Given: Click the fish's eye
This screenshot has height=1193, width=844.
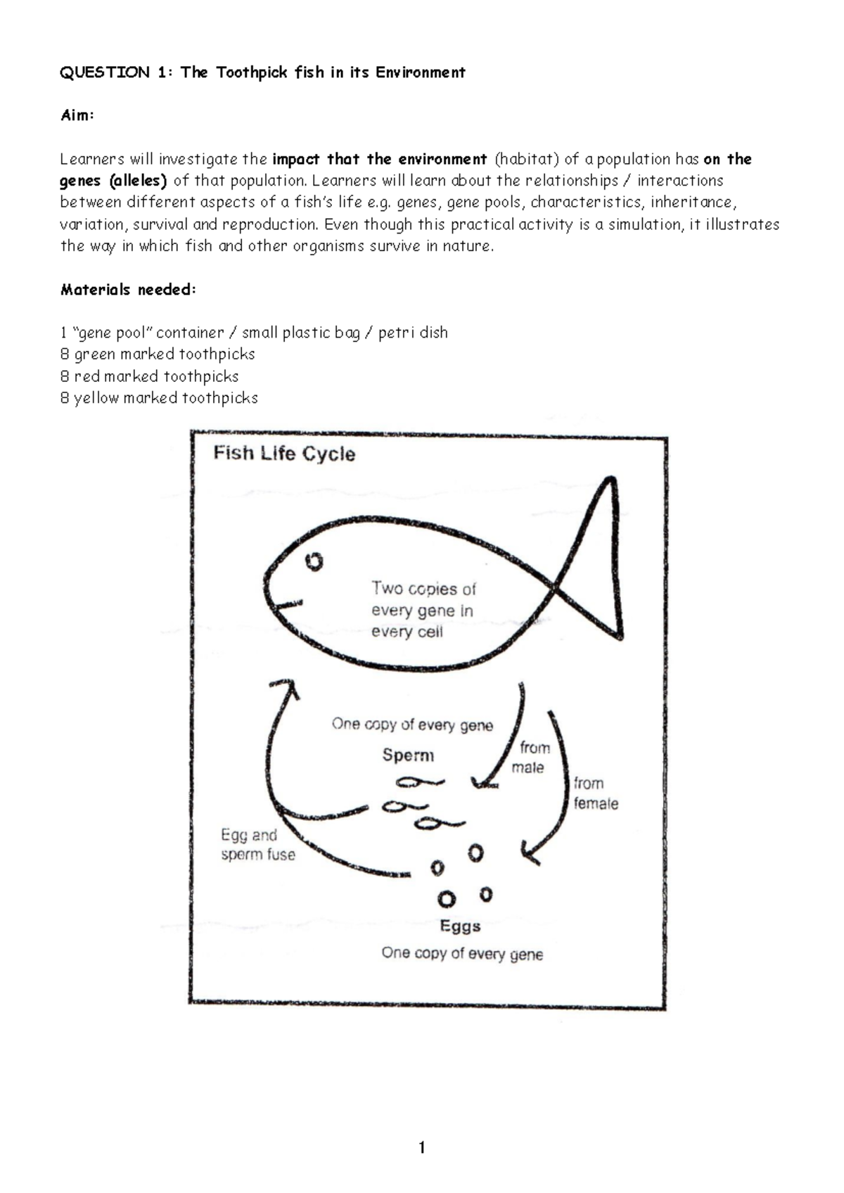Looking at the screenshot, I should (x=314, y=561).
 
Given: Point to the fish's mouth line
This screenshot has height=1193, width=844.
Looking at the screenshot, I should (x=288, y=604).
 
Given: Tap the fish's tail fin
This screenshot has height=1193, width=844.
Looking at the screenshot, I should (x=598, y=563).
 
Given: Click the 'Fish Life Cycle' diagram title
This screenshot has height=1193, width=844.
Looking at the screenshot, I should (x=284, y=454).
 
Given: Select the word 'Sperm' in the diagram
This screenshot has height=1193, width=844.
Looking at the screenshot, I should (x=408, y=755).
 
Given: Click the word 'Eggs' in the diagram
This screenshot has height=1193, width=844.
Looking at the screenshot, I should (x=460, y=926).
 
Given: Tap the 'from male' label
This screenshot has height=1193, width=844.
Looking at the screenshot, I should (x=532, y=758).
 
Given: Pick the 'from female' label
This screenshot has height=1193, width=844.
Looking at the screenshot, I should (x=595, y=793).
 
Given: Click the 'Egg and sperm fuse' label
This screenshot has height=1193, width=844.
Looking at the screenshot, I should (x=257, y=845).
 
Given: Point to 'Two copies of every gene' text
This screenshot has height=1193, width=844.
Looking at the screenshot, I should (x=423, y=610).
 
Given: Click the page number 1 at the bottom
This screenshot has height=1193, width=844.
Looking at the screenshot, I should (x=422, y=1148).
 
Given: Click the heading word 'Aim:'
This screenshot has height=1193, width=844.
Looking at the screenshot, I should (x=77, y=115).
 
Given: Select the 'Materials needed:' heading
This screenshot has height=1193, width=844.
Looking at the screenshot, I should (x=127, y=290).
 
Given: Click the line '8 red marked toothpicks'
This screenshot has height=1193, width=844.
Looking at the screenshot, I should (x=149, y=376).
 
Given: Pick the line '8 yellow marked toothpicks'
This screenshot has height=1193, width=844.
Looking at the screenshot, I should (x=159, y=398).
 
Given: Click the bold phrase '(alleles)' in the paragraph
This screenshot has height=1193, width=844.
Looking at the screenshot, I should (x=138, y=181).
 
